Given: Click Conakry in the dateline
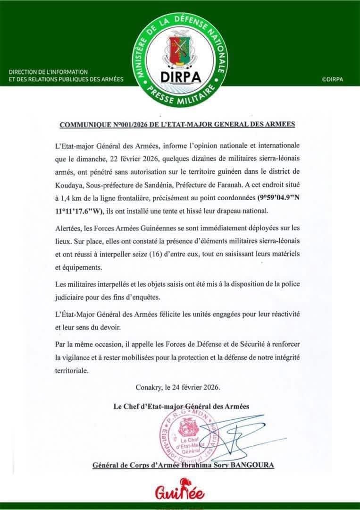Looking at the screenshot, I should [x=149, y=388].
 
